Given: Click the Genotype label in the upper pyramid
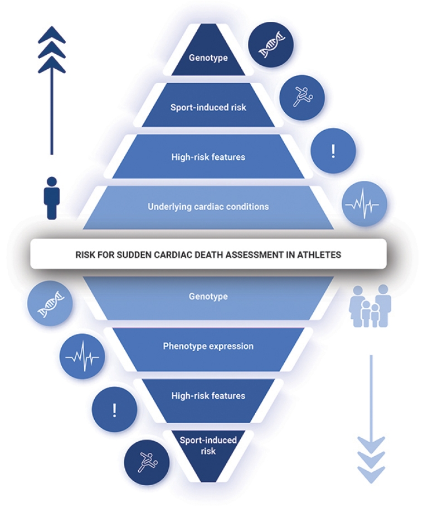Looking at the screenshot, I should point(208,58).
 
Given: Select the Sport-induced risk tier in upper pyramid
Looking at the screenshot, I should point(208,107).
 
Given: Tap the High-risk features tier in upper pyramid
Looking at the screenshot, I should point(208,157).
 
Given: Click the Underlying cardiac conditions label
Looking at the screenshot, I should point(208,207).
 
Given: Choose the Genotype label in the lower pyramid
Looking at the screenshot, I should point(208,296).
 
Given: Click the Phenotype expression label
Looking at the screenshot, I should point(208,346).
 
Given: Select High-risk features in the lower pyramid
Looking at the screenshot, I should point(208,396).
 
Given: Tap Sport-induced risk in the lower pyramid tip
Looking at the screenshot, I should point(208,445).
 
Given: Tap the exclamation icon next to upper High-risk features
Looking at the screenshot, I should point(333,151).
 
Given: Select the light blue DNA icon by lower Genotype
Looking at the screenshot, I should point(50,304).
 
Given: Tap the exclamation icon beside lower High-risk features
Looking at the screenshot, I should point(114,410).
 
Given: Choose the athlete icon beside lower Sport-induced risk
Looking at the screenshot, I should point(146,462).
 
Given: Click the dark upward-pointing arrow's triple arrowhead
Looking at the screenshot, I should point(52,51).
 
